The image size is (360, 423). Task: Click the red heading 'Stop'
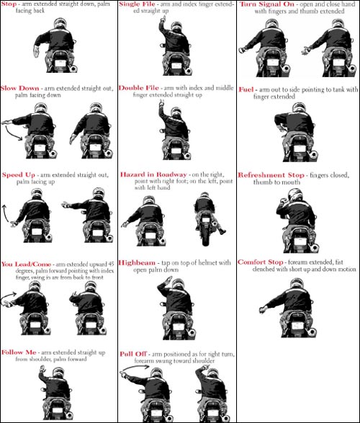(x=9, y=4)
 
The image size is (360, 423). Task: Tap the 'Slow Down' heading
(x=19, y=88)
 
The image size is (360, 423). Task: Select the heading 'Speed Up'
(x=19, y=174)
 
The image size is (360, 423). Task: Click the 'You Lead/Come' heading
(x=26, y=264)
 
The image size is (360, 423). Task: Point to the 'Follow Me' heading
(x=19, y=352)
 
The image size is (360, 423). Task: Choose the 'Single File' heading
(x=137, y=4)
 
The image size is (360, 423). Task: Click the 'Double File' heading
(x=139, y=88)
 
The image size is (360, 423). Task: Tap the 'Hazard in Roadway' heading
(x=153, y=174)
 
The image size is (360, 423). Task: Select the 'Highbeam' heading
(x=137, y=263)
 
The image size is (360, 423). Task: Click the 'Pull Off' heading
(x=133, y=354)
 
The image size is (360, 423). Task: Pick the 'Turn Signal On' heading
(x=266, y=4)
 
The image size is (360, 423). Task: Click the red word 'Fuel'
(x=246, y=89)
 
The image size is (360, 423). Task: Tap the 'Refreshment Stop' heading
(x=271, y=175)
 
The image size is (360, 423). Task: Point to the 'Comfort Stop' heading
(x=261, y=262)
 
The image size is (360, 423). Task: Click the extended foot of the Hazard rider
(x=222, y=231)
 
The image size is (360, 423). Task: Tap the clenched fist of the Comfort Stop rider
(x=263, y=310)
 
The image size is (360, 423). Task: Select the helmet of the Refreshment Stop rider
(x=294, y=195)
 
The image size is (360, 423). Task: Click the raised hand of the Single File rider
(x=163, y=19)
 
